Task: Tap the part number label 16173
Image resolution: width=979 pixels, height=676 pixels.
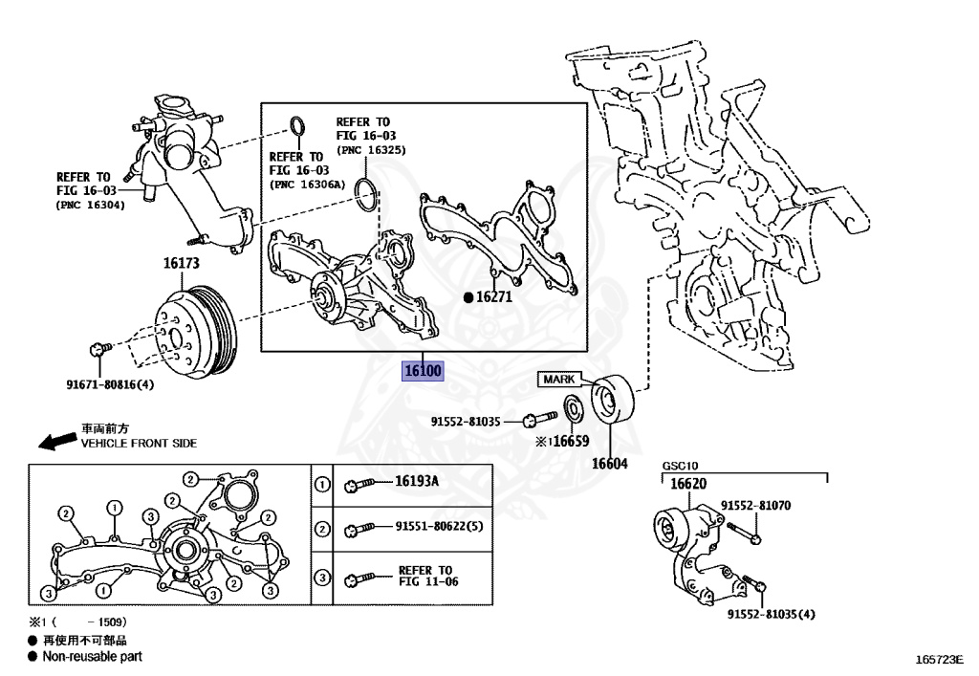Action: click(x=181, y=262)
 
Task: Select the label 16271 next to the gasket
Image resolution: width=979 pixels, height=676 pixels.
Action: click(x=494, y=297)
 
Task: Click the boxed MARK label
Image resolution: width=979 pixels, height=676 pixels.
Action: click(x=558, y=380)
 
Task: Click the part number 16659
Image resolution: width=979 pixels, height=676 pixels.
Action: click(x=571, y=442)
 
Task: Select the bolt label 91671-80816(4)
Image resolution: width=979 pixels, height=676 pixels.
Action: click(x=111, y=385)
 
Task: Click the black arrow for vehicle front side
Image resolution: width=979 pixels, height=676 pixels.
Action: click(x=57, y=440)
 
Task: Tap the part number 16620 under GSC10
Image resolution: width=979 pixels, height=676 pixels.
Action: click(x=687, y=484)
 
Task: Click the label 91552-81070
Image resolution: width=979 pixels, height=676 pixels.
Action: click(x=755, y=505)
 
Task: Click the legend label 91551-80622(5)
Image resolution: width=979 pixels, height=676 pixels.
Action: click(x=439, y=527)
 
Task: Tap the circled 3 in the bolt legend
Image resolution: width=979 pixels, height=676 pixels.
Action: click(x=322, y=578)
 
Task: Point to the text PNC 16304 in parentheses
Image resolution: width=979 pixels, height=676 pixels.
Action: click(x=91, y=205)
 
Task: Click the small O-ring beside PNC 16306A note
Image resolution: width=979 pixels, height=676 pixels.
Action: click(x=298, y=126)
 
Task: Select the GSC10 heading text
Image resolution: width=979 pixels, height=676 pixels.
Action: click(x=680, y=468)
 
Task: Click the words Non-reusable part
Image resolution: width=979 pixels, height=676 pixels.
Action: click(x=92, y=657)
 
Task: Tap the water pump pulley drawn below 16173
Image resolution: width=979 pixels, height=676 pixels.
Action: click(x=196, y=330)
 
